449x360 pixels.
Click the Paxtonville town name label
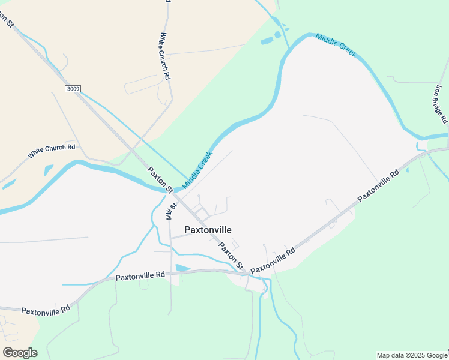[208, 230]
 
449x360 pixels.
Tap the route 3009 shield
[73, 89]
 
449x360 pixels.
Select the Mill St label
[170, 209]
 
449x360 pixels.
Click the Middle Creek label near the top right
[336, 45]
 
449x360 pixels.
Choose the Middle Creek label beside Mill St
[197, 170]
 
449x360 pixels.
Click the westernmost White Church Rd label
[51, 151]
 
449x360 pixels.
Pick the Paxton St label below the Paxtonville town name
[231, 256]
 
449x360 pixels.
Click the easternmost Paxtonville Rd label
[378, 186]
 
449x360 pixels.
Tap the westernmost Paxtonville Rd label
[46, 310]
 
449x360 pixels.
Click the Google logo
[20, 353]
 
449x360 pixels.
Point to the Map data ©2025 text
[412, 355]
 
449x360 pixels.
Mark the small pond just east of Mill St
[182, 268]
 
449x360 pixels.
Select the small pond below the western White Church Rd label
[48, 170]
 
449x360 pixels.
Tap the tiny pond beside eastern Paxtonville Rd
[408, 170]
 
